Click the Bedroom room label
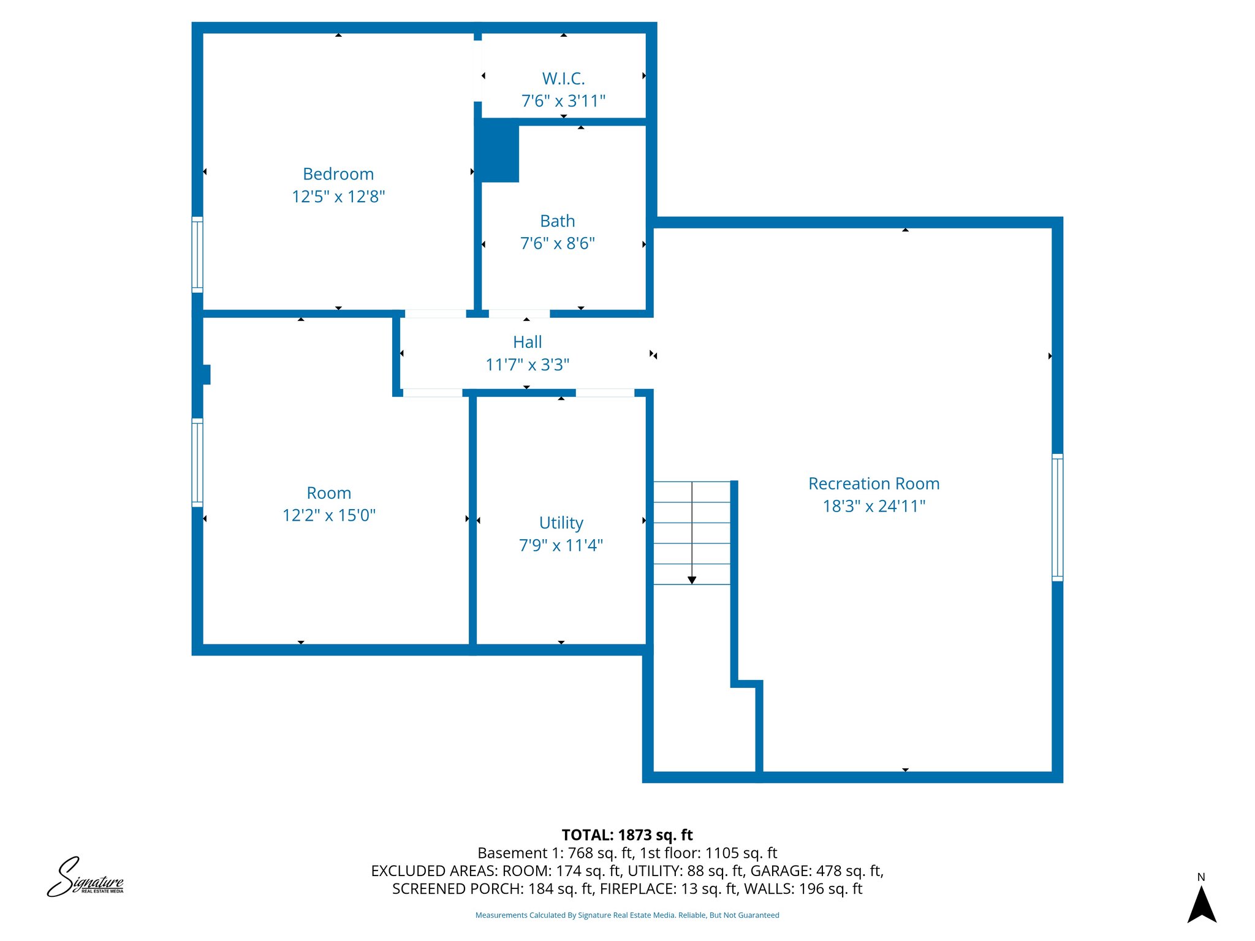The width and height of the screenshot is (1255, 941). (x=338, y=174)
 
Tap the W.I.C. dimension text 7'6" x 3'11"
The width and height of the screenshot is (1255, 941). (x=563, y=101)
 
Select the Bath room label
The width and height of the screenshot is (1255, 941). (x=557, y=221)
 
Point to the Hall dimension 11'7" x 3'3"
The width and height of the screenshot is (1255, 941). (x=527, y=365)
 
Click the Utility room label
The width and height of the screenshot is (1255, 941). (x=561, y=523)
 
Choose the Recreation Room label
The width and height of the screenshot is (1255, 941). (x=873, y=484)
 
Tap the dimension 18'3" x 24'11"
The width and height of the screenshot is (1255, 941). (x=873, y=507)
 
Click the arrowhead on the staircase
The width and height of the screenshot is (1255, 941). (x=692, y=580)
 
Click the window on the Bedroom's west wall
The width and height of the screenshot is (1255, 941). (x=197, y=254)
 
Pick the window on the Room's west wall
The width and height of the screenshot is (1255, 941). (x=197, y=463)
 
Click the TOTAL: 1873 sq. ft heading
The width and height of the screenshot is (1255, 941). (x=627, y=835)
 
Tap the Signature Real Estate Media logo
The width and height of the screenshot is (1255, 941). (x=86, y=878)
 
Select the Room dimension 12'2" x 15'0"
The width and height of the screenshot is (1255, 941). (x=328, y=516)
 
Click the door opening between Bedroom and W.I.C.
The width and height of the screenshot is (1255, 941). (x=478, y=71)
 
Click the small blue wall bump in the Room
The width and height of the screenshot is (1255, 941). (x=206, y=375)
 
